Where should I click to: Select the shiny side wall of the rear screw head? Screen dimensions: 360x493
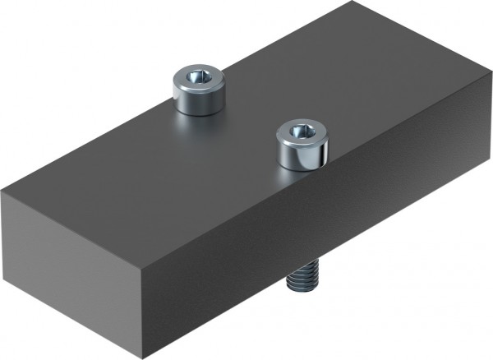point(197,101)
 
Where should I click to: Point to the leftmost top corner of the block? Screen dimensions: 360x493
point(2,190)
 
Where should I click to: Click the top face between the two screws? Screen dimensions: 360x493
point(246,115)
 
